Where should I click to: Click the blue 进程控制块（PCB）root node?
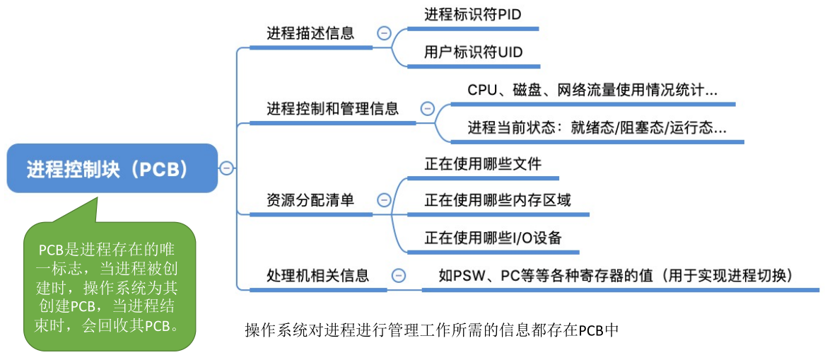coord(112,168)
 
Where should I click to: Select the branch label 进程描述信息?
coord(310,34)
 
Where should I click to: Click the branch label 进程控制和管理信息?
coord(332,110)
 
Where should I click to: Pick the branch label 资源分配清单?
coord(310,200)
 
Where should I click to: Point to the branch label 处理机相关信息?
coord(318,274)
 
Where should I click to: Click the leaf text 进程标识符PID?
coord(473,14)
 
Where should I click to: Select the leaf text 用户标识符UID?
coord(473,52)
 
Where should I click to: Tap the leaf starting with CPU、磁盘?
coord(592,90)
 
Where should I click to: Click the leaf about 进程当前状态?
coord(597,128)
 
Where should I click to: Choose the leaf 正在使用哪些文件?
coord(483,163)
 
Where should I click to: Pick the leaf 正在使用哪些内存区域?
coord(498,200)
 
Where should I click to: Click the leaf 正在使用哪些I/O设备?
coord(493,238)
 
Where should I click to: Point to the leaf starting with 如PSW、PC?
coord(616,274)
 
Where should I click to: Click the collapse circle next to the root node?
coord(226,168)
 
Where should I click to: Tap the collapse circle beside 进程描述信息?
coord(384,33)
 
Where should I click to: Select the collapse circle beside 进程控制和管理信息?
coord(427,109)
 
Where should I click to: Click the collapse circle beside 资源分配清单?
coord(384,200)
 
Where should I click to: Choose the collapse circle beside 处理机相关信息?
coord(399,274)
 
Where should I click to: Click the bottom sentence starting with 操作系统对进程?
coord(431,330)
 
